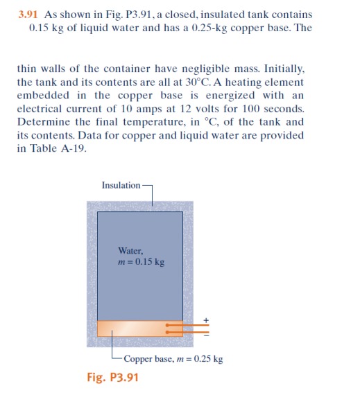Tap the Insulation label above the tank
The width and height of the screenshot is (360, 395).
[x=121, y=185]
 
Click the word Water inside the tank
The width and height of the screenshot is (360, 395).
[x=131, y=251]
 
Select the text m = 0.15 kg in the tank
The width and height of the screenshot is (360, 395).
[x=142, y=262]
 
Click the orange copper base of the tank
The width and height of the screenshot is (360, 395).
[x=132, y=328]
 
